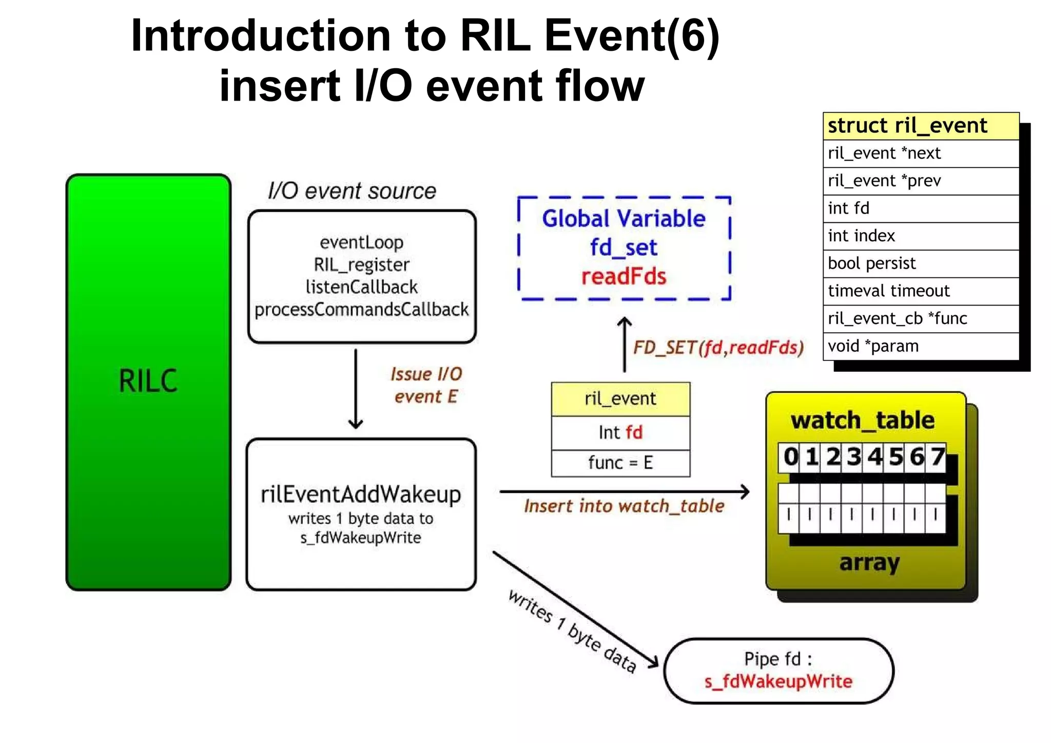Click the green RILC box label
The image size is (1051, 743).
pyautogui.click(x=148, y=380)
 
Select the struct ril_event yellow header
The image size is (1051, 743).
pyautogui.click(x=907, y=126)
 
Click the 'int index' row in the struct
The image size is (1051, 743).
pyautogui.click(x=862, y=236)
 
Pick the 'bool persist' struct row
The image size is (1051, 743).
pyautogui.click(x=871, y=263)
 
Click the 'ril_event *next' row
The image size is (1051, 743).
pyautogui.click(x=884, y=153)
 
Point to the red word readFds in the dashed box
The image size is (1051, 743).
pyautogui.click(x=624, y=277)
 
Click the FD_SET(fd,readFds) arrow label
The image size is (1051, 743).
pyautogui.click(x=718, y=348)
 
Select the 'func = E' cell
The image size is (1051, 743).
pyautogui.click(x=620, y=463)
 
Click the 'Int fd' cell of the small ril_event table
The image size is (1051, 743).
pyautogui.click(x=620, y=432)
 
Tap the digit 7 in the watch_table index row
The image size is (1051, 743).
pyautogui.click(x=937, y=456)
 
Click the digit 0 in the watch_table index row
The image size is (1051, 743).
pyautogui.click(x=790, y=456)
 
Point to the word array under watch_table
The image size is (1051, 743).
pyautogui.click(x=869, y=562)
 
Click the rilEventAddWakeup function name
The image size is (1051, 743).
pyautogui.click(x=361, y=494)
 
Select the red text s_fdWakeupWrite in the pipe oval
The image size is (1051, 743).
pyautogui.click(x=778, y=681)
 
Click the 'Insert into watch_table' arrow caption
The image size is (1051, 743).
pyautogui.click(x=624, y=506)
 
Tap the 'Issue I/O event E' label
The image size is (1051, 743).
pyautogui.click(x=426, y=385)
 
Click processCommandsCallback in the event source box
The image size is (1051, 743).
pyautogui.click(x=361, y=309)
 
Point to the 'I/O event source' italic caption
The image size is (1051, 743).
pyautogui.click(x=352, y=191)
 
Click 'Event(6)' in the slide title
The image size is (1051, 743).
pyautogui.click(x=632, y=36)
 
